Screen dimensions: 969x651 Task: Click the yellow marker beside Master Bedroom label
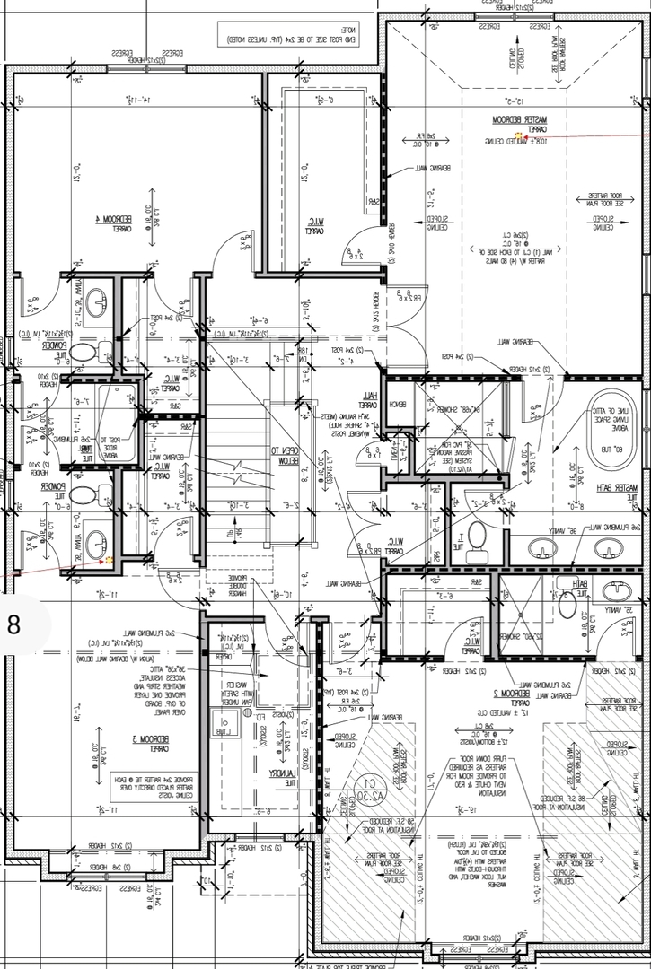point(517,135)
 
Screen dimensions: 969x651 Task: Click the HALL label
point(368,399)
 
